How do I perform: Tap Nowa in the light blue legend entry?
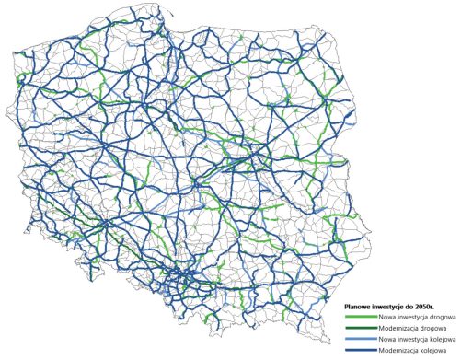pos(386,338)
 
